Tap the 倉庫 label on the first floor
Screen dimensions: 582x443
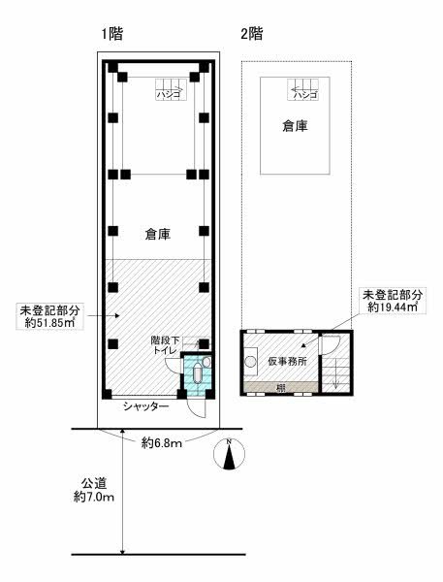coord(159,234)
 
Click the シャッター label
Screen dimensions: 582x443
coord(144,406)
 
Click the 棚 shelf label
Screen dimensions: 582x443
coord(279,388)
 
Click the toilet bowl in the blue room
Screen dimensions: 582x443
coord(197,373)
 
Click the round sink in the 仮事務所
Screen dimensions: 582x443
coord(251,355)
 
